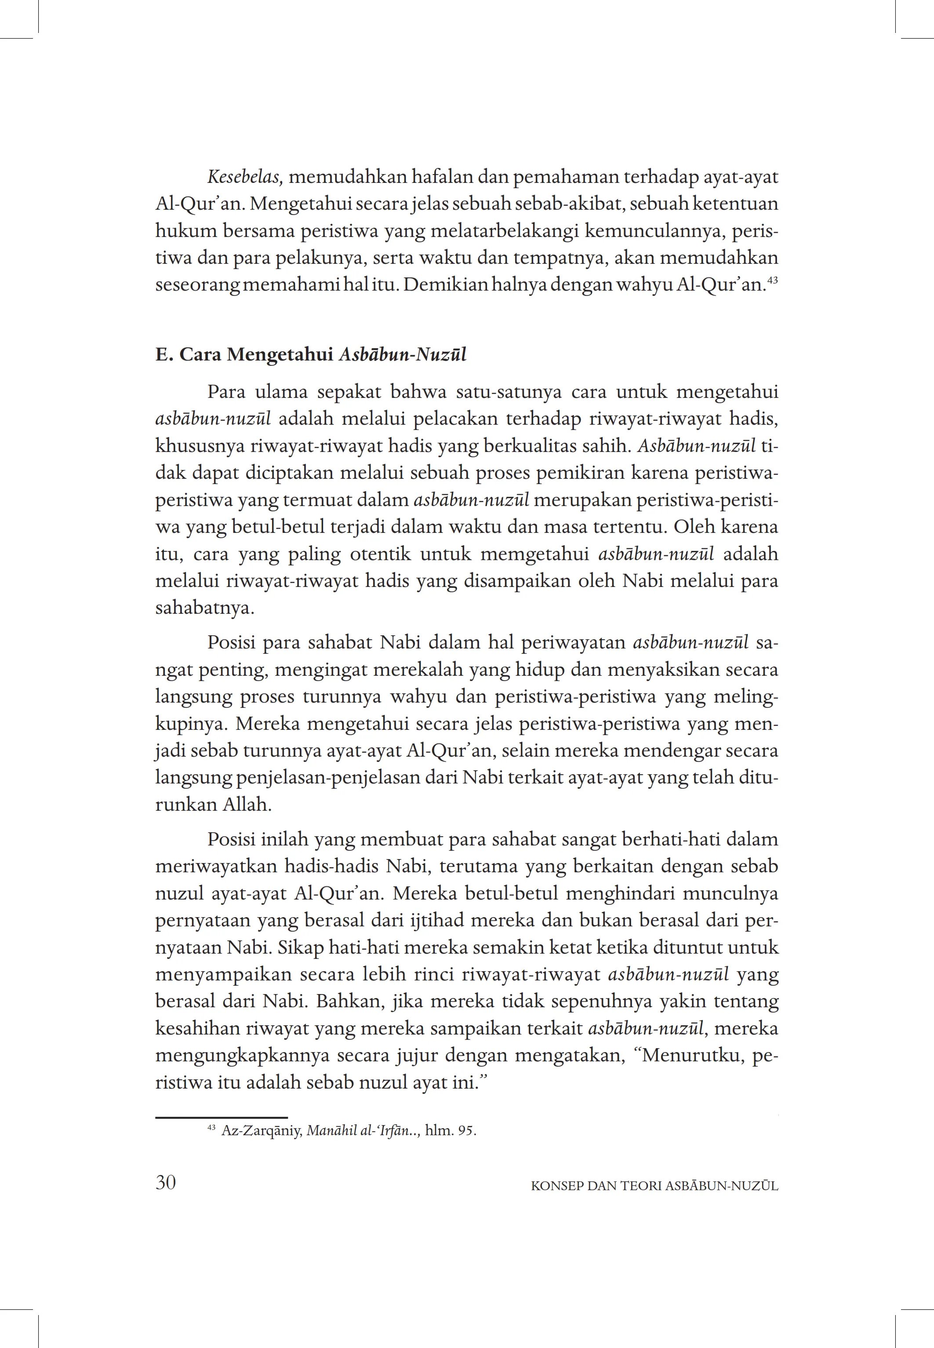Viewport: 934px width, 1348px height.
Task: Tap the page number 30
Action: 166,1183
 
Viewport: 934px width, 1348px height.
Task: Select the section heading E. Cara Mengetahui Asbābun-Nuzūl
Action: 311,355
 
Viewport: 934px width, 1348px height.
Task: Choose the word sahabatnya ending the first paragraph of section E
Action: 205,608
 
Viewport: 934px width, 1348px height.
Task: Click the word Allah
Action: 247,805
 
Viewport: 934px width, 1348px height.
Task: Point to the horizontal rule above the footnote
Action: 221,1117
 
